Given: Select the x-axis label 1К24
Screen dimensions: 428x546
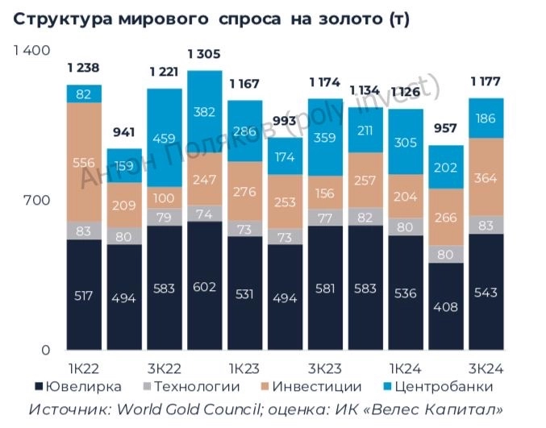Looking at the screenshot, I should [406, 368].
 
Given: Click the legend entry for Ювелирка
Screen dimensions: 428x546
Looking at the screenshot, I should [73, 388].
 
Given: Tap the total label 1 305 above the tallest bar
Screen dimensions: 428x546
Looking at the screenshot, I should [204, 54].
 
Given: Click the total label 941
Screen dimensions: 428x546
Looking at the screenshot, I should [123, 132].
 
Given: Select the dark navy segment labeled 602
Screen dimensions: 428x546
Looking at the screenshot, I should [204, 286].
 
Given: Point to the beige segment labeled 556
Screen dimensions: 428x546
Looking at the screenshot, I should [84, 162].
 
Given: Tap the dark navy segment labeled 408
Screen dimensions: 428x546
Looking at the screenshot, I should [446, 306].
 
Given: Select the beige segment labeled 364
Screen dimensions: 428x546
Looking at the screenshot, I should [486, 177].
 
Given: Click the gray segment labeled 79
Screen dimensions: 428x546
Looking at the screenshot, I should [164, 217].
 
